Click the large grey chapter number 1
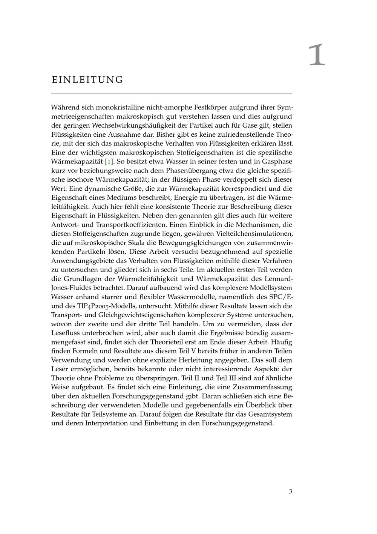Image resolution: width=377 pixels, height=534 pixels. click(317, 55)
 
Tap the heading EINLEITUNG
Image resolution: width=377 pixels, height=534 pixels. click(87, 80)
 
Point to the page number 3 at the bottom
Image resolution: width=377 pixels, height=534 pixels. click(290, 491)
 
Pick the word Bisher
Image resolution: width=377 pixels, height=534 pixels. click(166, 134)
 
